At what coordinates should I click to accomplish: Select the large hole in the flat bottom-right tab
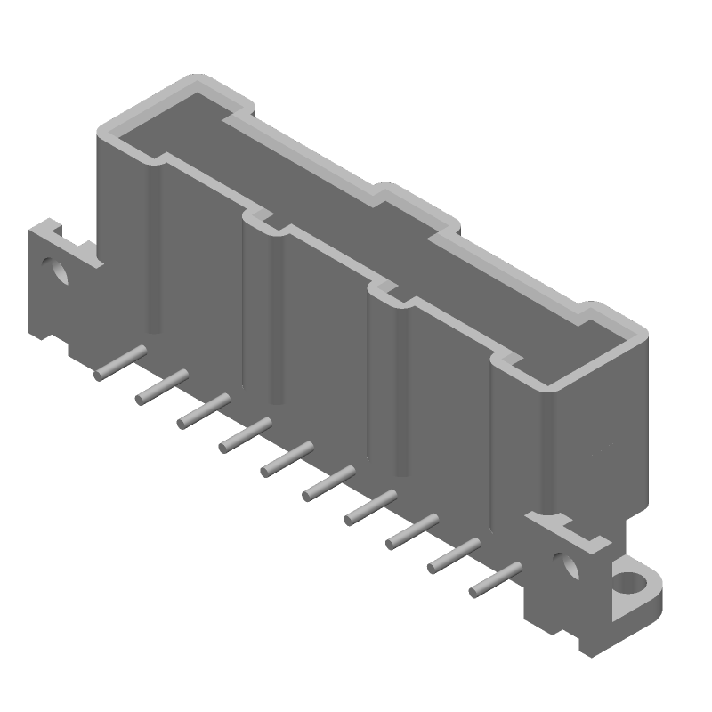pos(629,584)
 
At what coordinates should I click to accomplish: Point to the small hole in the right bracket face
pos(560,562)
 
